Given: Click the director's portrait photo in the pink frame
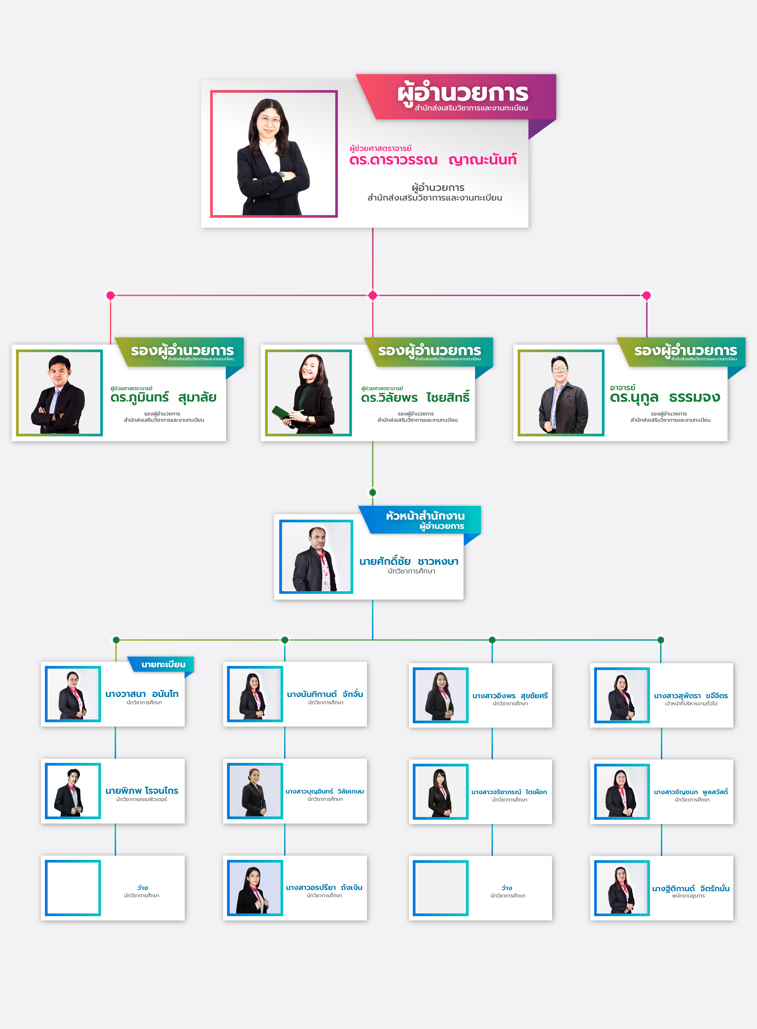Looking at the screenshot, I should click(274, 154).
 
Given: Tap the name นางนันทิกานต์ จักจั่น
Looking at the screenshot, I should click(325, 694).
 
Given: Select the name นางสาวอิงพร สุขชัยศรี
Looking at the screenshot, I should click(510, 696).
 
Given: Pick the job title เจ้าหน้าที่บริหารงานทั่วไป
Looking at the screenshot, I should click(691, 703).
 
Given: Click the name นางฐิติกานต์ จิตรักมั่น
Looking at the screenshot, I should click(690, 888).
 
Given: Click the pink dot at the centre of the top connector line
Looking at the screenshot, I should click(373, 295).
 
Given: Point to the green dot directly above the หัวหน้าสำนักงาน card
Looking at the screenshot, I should click(373, 492).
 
